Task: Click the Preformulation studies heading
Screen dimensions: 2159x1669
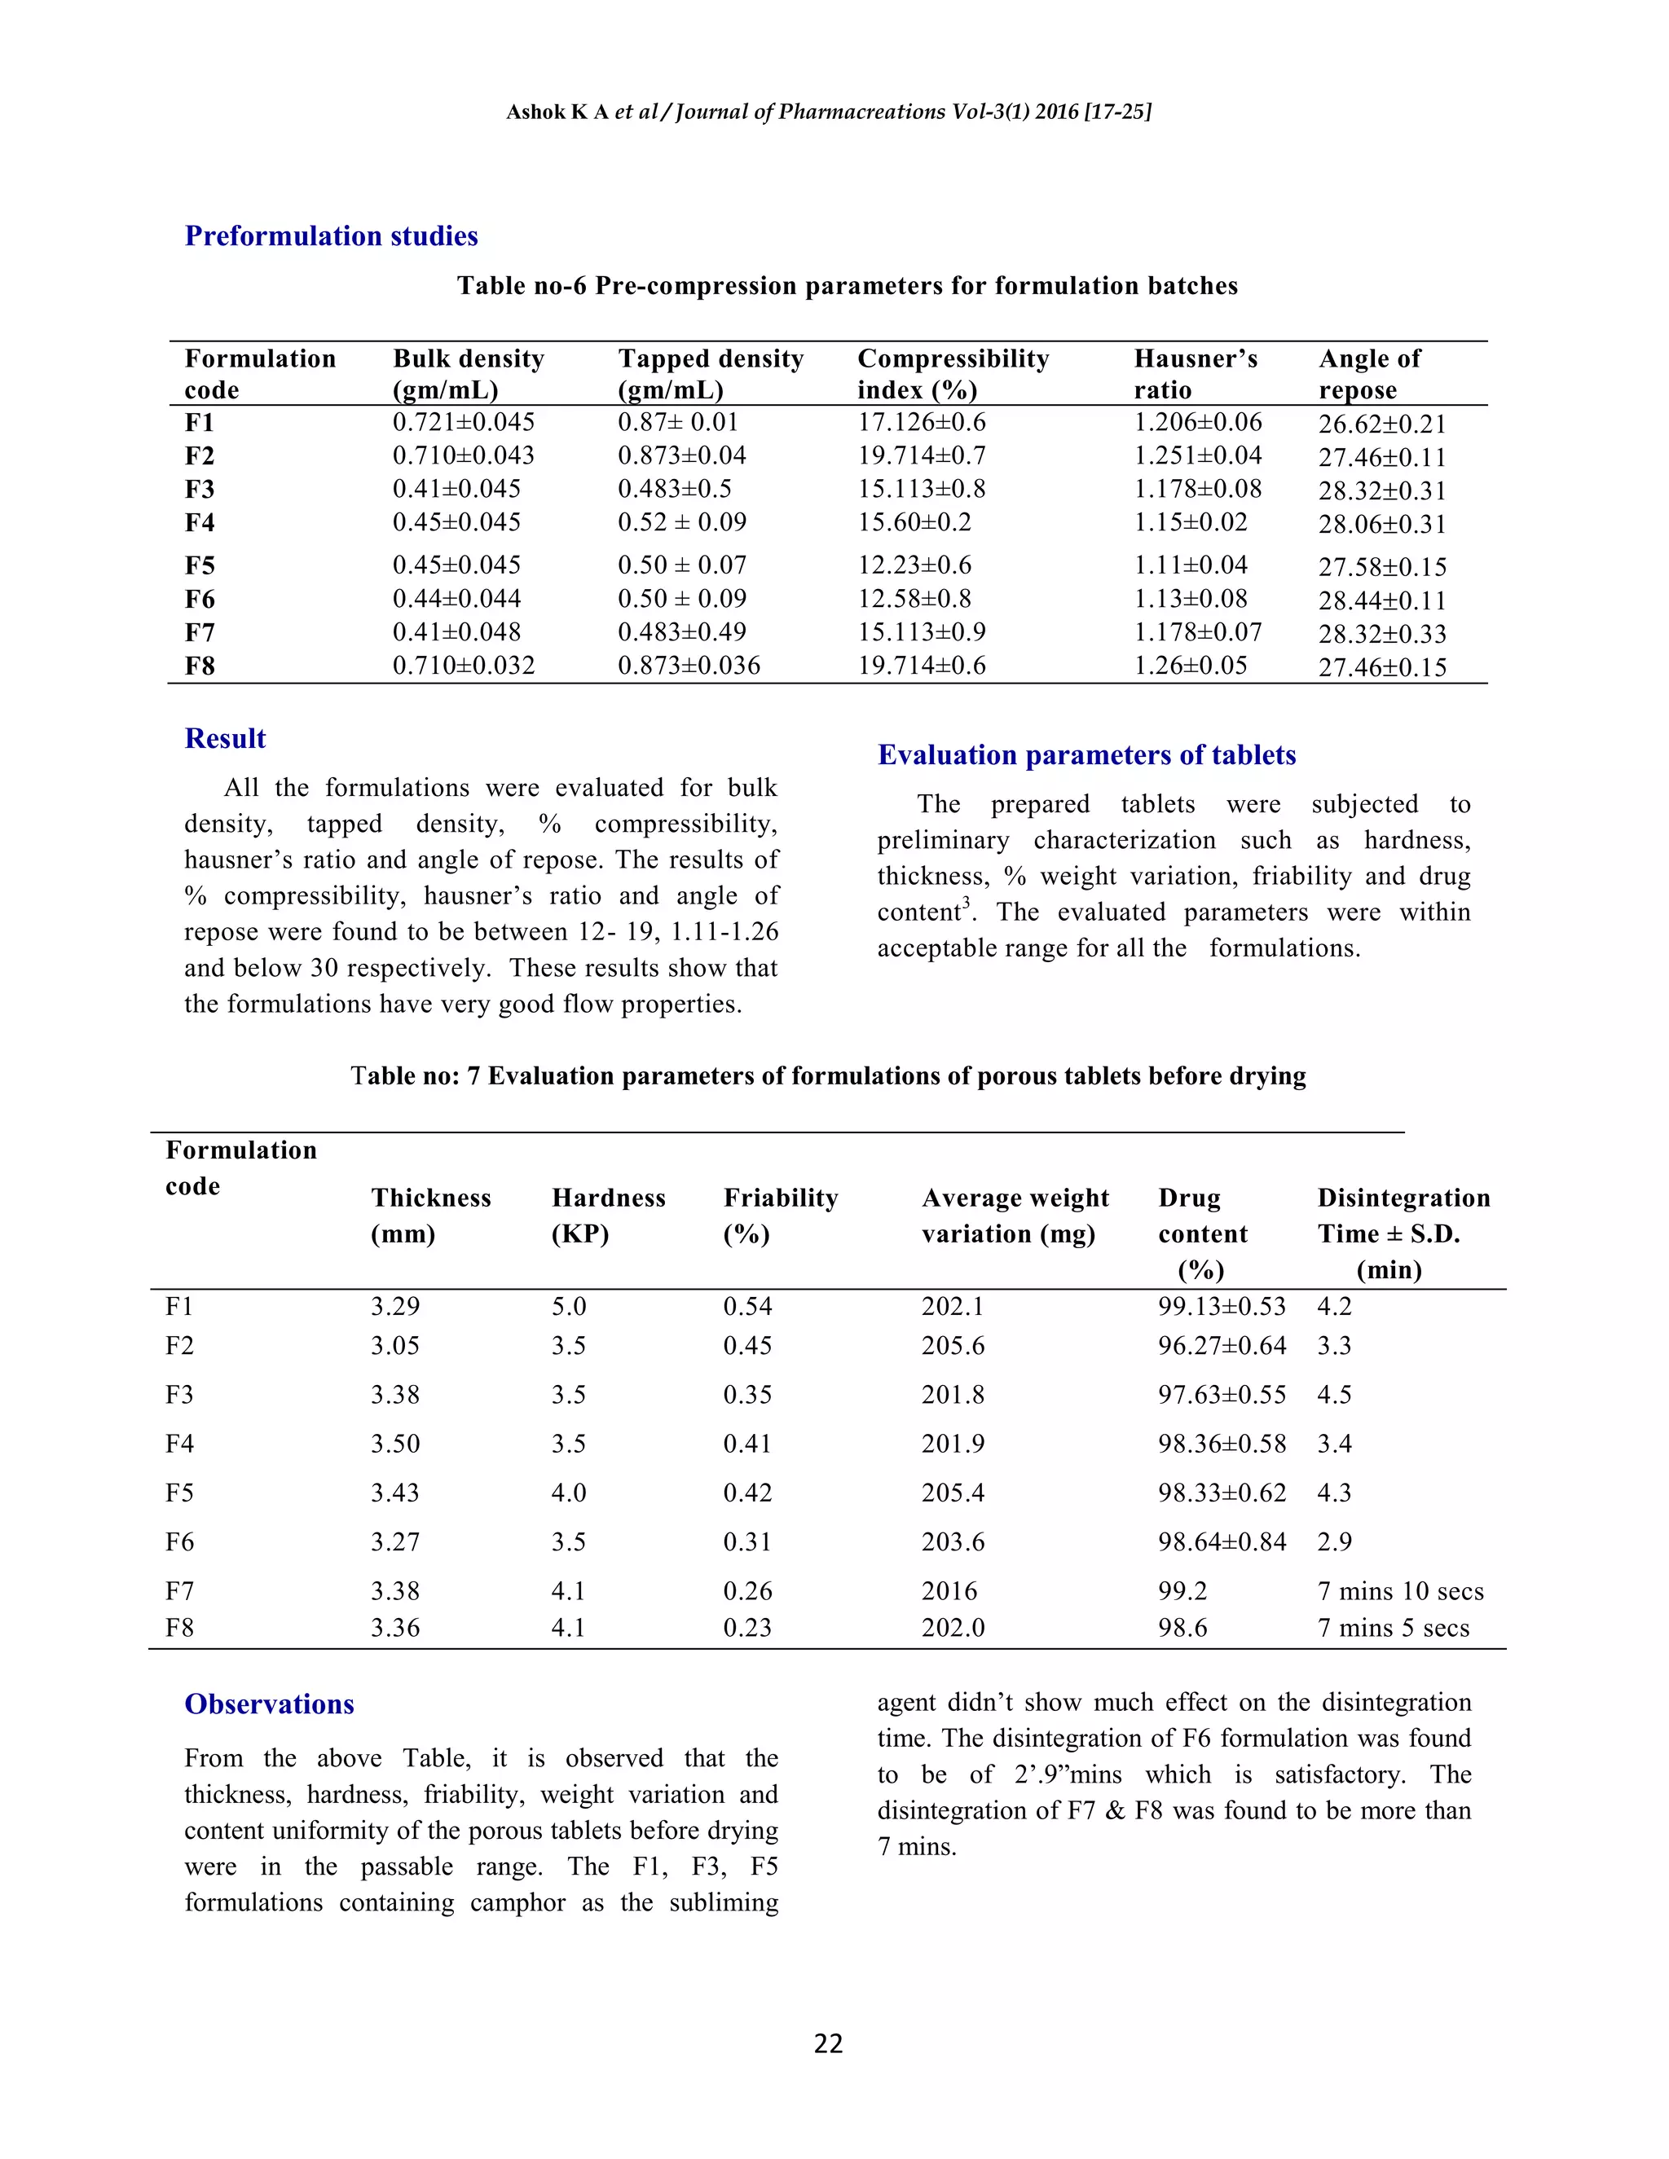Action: click(x=331, y=236)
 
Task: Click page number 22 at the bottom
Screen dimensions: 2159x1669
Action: click(x=829, y=2043)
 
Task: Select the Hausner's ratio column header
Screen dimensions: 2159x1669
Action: click(x=1196, y=374)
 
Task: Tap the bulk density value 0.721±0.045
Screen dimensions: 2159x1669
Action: click(x=464, y=423)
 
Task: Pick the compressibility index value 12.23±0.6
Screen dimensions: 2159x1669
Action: click(x=914, y=565)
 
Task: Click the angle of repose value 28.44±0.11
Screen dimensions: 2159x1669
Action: click(x=1382, y=601)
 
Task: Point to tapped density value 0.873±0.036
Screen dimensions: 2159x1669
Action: click(x=689, y=666)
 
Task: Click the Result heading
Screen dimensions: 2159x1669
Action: click(x=226, y=740)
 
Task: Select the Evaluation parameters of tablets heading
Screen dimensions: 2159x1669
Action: click(x=1086, y=755)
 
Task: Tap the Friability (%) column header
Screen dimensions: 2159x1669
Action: click(x=780, y=1215)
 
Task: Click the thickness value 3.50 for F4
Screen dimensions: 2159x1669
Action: click(x=395, y=1444)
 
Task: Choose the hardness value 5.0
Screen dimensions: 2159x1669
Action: click(x=569, y=1307)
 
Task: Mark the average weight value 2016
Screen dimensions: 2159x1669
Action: click(x=949, y=1592)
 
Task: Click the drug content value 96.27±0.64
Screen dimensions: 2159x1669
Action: click(x=1222, y=1347)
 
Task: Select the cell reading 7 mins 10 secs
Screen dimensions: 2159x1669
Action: click(x=1400, y=1592)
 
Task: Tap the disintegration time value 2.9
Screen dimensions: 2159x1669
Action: click(x=1334, y=1542)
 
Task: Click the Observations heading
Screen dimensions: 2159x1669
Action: click(x=269, y=1704)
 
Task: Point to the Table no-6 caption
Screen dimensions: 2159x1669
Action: click(x=847, y=287)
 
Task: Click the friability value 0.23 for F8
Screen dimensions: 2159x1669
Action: click(x=746, y=1628)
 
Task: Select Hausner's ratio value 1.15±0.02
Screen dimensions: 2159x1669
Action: click(x=1191, y=523)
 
